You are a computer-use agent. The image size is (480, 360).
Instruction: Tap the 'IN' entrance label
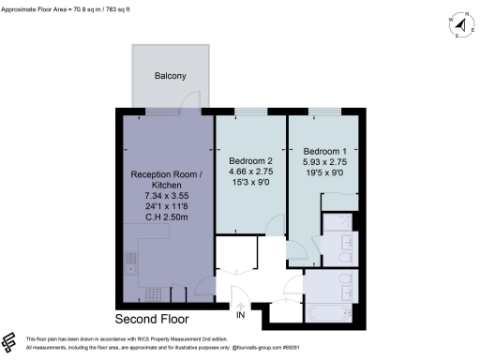tap(241, 316)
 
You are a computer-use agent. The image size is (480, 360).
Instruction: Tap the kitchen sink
tap(131, 262)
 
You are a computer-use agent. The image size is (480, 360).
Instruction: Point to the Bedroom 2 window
tap(249, 113)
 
